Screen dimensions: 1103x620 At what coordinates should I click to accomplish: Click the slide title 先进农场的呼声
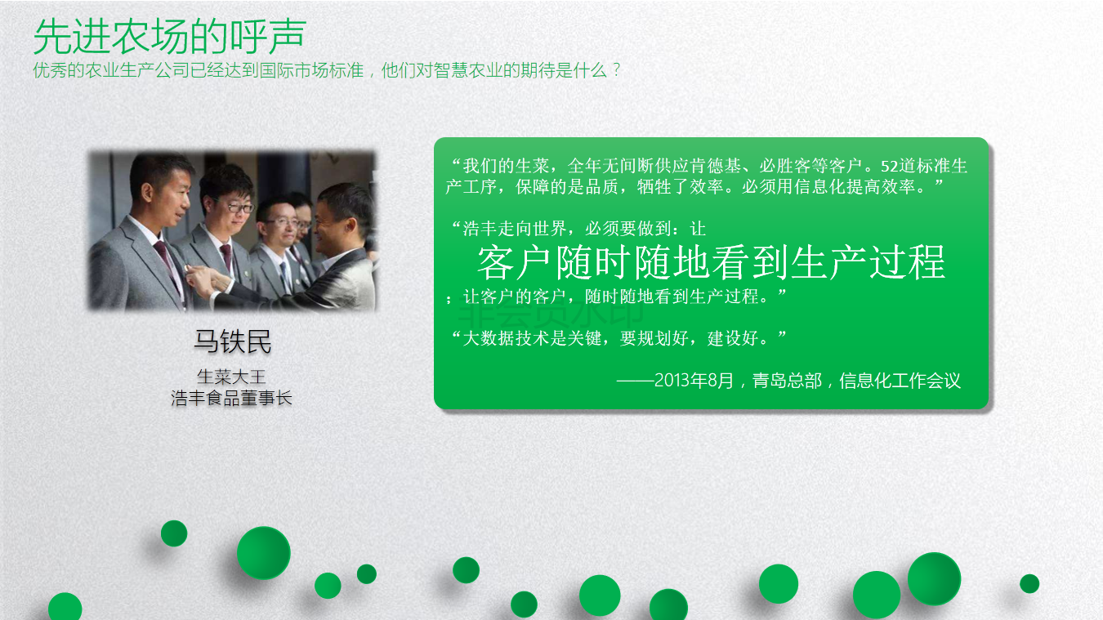pyautogui.click(x=170, y=37)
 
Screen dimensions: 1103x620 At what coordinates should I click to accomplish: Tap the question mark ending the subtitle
pyautogui.click(x=617, y=70)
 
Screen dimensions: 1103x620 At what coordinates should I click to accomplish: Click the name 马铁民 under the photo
pyautogui.click(x=232, y=341)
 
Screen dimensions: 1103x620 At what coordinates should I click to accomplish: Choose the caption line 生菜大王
pyautogui.click(x=231, y=377)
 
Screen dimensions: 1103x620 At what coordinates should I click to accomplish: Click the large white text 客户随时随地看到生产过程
pyautogui.click(x=711, y=262)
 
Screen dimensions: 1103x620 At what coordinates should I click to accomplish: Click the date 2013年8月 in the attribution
pyautogui.click(x=694, y=380)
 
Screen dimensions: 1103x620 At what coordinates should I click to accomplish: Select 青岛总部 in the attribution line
pyautogui.click(x=787, y=380)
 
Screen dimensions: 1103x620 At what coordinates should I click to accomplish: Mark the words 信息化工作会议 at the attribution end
pyautogui.click(x=900, y=380)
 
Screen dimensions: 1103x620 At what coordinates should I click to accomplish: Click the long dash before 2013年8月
pyautogui.click(x=635, y=381)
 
